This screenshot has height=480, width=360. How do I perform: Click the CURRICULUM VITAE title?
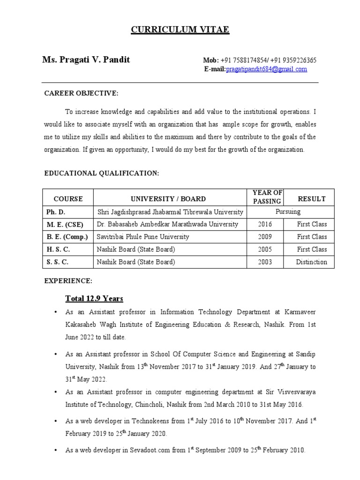(180, 30)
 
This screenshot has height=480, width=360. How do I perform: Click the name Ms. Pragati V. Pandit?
(86, 60)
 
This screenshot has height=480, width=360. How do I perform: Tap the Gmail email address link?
(266, 69)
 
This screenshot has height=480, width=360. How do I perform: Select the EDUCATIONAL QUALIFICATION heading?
(102, 173)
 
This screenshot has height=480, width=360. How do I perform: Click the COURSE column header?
(68, 199)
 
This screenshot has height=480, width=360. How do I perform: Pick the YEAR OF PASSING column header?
(267, 197)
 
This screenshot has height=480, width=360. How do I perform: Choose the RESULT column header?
(312, 199)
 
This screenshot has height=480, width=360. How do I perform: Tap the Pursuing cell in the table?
(288, 212)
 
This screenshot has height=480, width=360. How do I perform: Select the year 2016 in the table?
(265, 224)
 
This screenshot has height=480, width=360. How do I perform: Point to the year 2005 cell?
(265, 249)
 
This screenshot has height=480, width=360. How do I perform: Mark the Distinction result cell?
(311, 262)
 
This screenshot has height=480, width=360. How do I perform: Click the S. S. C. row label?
(57, 262)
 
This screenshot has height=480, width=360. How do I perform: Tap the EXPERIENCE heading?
(68, 281)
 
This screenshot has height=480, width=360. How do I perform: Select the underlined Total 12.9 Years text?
(94, 299)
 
